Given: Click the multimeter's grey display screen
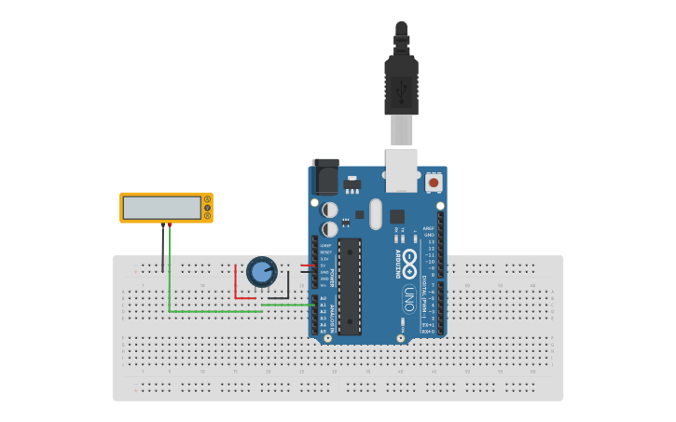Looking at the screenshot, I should tap(162, 207).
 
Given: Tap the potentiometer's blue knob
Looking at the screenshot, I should tap(262, 272).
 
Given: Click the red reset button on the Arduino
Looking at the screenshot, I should tap(434, 184).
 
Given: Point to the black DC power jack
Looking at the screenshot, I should tap(324, 177).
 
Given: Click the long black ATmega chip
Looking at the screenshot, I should tap(349, 286).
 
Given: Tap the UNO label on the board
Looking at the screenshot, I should tap(407, 298).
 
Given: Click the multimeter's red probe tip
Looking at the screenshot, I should tap(169, 225).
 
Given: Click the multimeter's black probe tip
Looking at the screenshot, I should tap(163, 225).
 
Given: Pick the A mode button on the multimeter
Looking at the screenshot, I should tap(207, 198).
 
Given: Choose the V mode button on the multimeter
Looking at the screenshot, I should tap(207, 207).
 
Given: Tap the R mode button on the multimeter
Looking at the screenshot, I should tap(207, 215).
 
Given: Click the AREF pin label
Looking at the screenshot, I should tap(429, 227).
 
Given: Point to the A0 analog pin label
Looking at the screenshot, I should tap(324, 298).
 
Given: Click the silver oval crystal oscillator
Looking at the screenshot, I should tap(376, 214).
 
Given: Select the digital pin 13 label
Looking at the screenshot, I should tap(431, 241).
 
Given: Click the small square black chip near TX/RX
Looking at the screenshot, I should tap(384, 215).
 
